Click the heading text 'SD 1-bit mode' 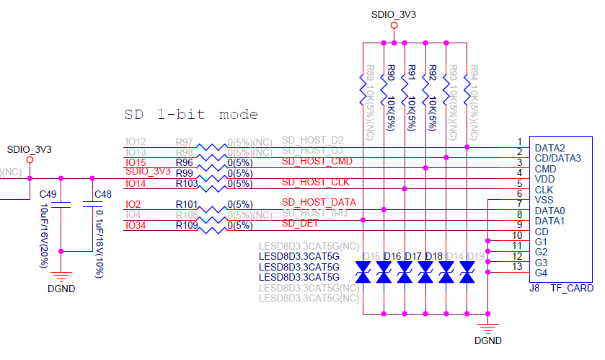coord(191,115)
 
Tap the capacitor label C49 coord(48,194)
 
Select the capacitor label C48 coord(104,194)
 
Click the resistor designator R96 coord(185,162)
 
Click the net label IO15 coord(136,162)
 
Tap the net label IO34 coord(136,225)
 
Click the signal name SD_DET coord(299,224)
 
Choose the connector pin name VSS coord(545,200)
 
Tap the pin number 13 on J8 coord(516,268)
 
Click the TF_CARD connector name coord(573,288)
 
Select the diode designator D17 coord(413,255)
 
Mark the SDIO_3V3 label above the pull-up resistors coord(394,14)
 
